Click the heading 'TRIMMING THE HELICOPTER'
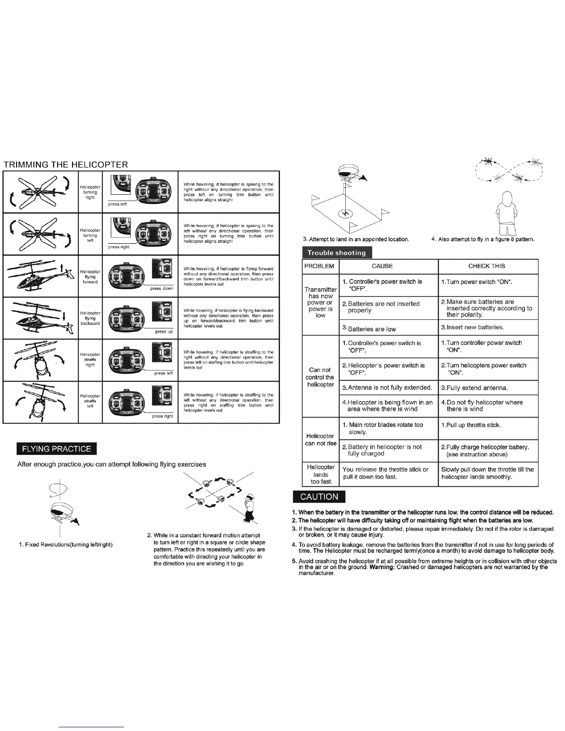coord(66,165)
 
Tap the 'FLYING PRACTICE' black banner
coord(56,449)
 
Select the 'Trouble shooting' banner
coord(337,252)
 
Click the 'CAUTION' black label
coord(319,497)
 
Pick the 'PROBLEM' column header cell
coord(319,266)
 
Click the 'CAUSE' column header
coord(382,266)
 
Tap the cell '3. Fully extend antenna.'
coord(475,388)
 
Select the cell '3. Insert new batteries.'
coord(472,327)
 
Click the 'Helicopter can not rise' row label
coord(320,440)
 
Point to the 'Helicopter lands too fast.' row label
coord(320,474)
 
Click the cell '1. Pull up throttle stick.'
coord(471,425)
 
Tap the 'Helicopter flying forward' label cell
coord(90,277)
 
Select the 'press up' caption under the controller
coord(164,331)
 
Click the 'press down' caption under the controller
coord(162,288)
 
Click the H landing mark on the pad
coord(344,213)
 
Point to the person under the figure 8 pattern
coord(506,213)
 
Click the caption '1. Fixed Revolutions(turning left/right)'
coord(66,545)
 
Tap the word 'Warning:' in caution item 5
coord(382,567)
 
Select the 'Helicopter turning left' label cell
coord(90,235)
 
